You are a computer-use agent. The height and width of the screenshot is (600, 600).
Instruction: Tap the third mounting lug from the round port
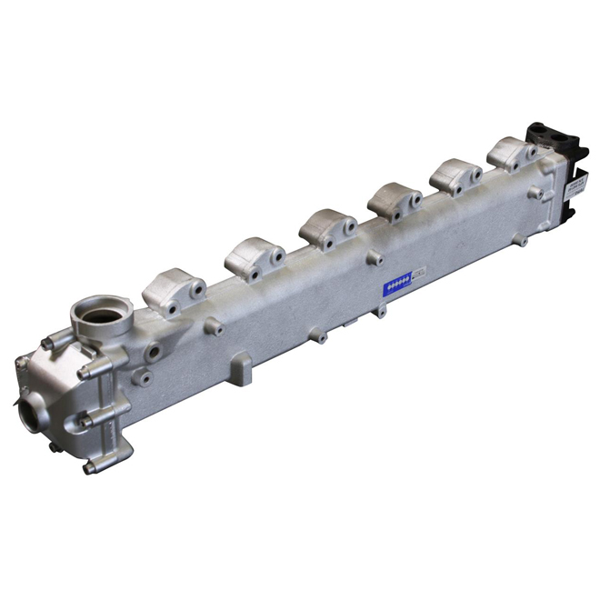click(x=328, y=227)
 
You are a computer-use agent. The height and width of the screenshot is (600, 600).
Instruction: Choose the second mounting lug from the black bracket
click(x=455, y=175)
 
